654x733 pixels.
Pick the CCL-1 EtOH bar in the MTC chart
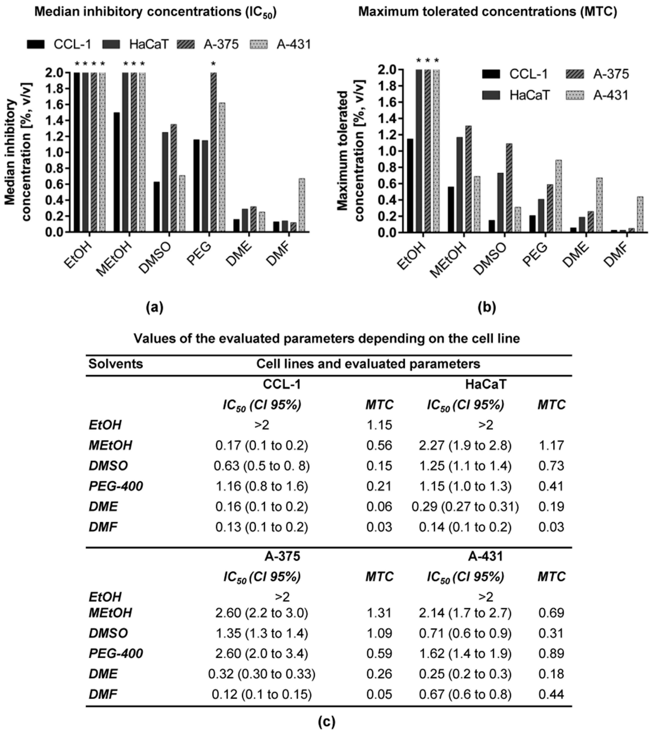tap(410, 185)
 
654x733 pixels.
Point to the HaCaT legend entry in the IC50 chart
tap(136, 44)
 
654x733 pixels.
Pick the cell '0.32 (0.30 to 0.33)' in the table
tap(262, 674)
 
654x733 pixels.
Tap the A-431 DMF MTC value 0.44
tap(551, 694)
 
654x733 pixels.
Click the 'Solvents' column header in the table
tap(116, 364)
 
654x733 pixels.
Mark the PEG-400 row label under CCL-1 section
tap(116, 486)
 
